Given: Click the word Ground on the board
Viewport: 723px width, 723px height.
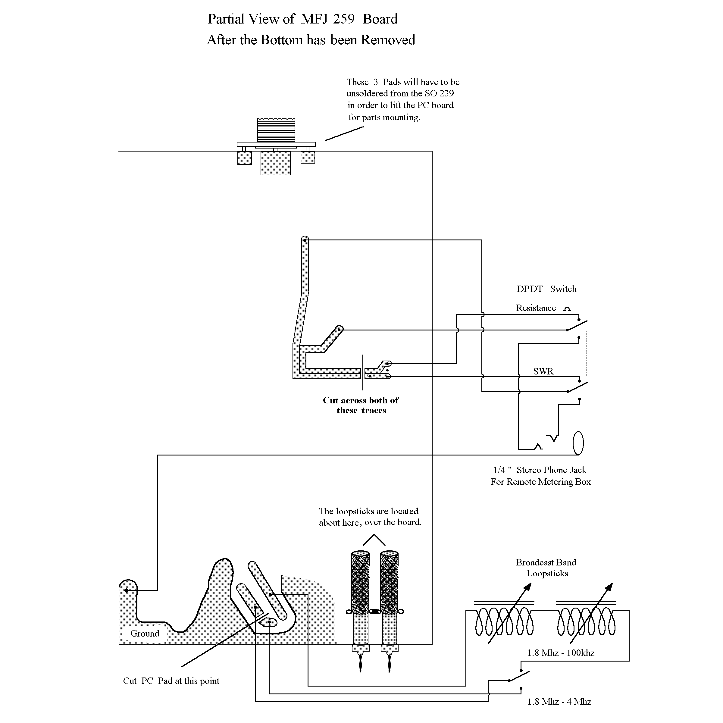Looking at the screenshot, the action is coord(145,634).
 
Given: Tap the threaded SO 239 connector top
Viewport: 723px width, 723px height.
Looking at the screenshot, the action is coord(276,130).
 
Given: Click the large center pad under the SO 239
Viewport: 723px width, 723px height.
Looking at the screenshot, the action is coord(275,163).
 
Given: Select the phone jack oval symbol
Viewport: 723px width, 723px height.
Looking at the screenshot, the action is coord(578,443).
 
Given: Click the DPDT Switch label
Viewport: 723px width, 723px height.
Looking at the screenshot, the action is coord(546,289).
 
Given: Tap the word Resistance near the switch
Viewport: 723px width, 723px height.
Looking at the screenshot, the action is coord(536,308).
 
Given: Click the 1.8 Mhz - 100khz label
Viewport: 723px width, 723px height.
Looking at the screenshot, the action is coord(561,653).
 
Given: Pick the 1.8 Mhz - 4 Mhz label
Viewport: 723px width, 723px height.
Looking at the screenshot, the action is coord(559,702).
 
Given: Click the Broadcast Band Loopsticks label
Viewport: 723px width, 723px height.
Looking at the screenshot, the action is coord(546,568).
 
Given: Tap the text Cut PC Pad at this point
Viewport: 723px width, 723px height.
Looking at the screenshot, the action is coord(171,681).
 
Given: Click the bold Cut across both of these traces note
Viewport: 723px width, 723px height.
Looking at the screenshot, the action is coord(361,405).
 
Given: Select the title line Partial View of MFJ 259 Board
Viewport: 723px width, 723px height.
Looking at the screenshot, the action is coord(302,19).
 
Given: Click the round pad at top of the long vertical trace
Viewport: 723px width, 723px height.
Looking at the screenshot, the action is coord(305,239).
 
